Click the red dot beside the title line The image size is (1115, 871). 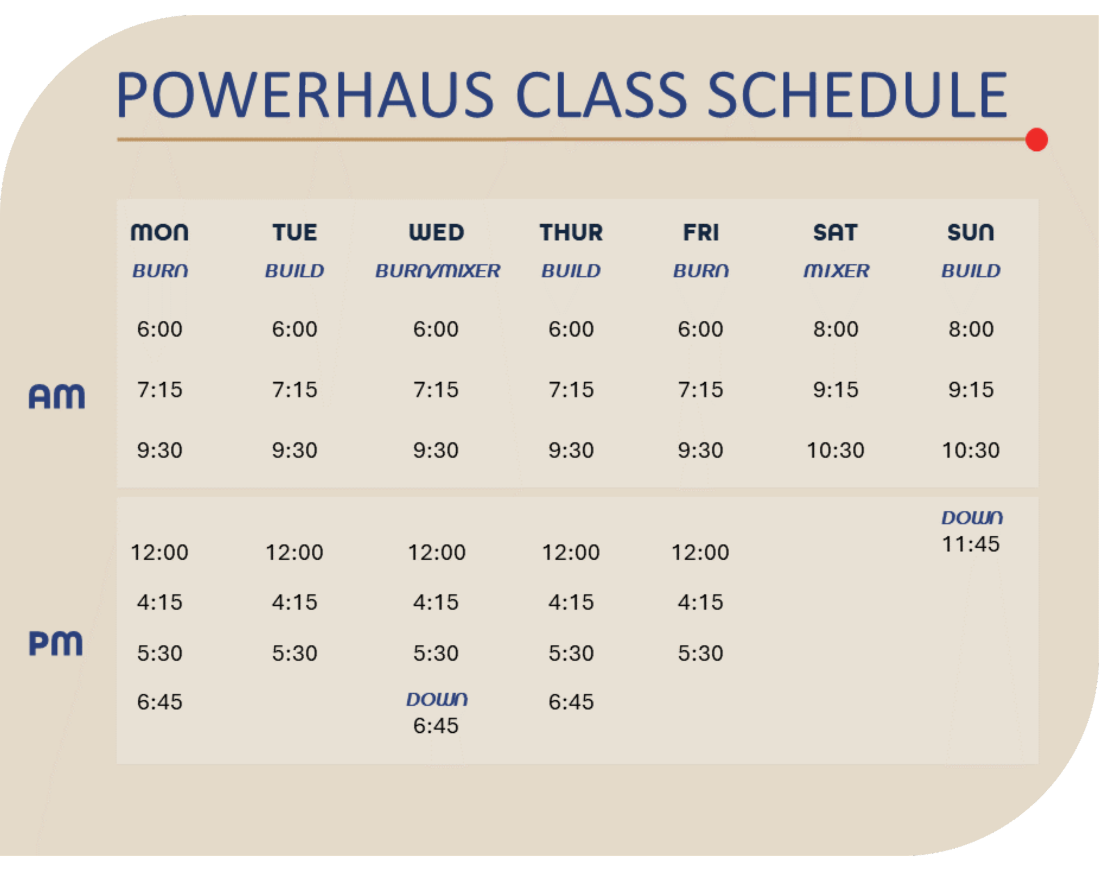(x=1037, y=140)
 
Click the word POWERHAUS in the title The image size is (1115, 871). (x=305, y=95)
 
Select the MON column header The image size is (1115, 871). (x=159, y=232)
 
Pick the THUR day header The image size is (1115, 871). (x=571, y=232)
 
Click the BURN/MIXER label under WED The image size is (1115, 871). (x=438, y=271)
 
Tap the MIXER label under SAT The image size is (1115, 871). (x=836, y=271)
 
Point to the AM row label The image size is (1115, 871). (x=57, y=396)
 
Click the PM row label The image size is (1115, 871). (x=56, y=643)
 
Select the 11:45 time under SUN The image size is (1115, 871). (x=970, y=544)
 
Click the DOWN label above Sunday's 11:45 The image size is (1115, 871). (x=972, y=518)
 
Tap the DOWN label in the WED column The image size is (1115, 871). (x=437, y=699)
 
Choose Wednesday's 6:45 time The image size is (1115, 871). (x=436, y=726)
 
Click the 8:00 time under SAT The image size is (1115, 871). (x=836, y=329)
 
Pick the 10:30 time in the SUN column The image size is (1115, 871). (x=970, y=450)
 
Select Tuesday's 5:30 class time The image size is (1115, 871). (x=294, y=653)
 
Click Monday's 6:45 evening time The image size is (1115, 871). (x=159, y=702)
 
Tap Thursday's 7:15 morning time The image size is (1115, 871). (x=571, y=389)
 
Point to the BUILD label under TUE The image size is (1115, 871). (x=294, y=271)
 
